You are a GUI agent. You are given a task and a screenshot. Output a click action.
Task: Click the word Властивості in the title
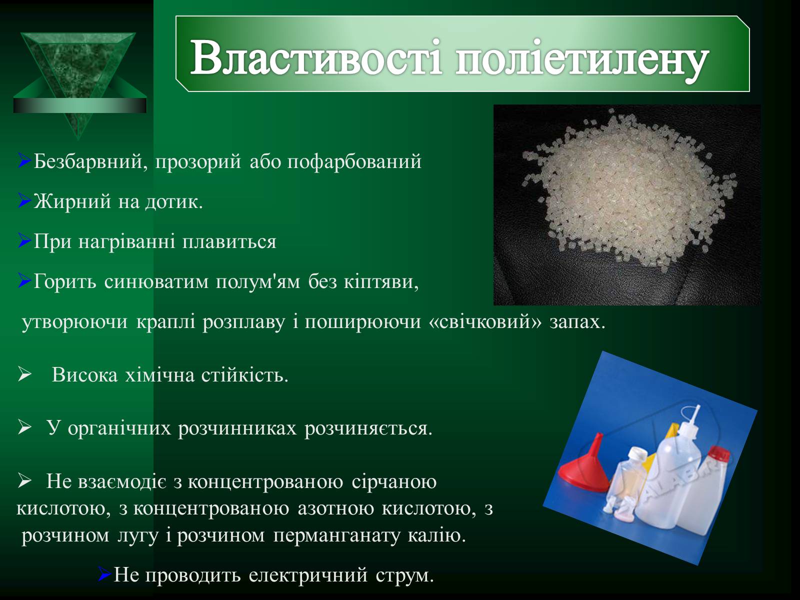click(x=316, y=58)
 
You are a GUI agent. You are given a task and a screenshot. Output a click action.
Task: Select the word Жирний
click(x=72, y=201)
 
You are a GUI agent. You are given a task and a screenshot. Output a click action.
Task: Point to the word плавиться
click(x=229, y=241)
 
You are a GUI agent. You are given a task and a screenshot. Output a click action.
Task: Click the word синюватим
click(x=156, y=281)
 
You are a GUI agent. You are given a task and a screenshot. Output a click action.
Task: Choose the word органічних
click(x=119, y=428)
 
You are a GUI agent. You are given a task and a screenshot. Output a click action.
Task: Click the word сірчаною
click(x=394, y=482)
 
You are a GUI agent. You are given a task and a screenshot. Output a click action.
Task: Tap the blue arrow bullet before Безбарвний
click(x=24, y=160)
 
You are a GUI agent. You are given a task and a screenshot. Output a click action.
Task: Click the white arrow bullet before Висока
click(x=24, y=374)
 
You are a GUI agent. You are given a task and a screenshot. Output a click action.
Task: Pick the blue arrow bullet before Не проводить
click(x=104, y=574)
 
